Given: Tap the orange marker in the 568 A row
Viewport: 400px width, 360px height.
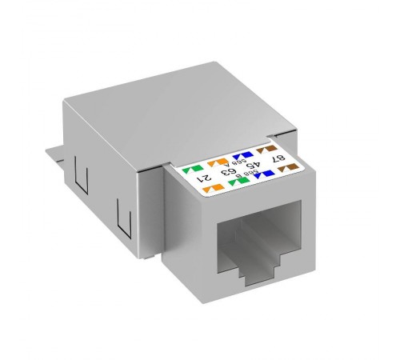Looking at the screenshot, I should click(212, 162).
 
